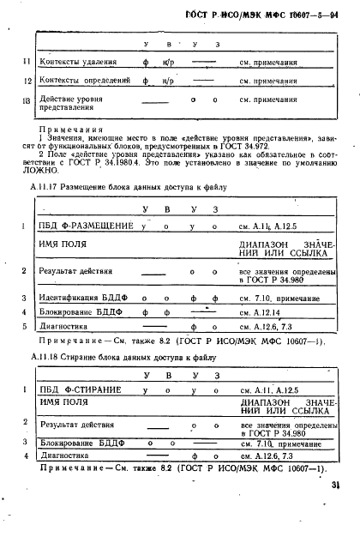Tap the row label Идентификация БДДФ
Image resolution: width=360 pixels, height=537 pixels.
pos(80,298)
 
